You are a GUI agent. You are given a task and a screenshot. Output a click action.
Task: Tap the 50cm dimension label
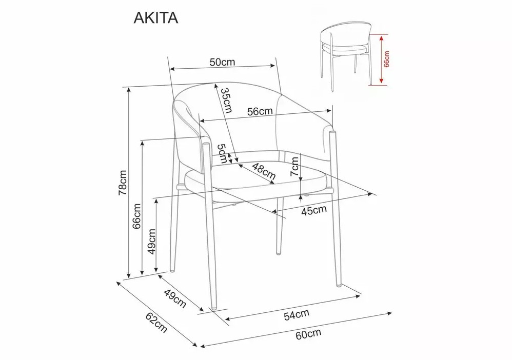click(x=222, y=62)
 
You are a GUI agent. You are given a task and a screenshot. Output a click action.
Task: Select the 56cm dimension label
click(x=260, y=111)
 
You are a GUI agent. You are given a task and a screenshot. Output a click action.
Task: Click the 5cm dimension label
click(x=222, y=153)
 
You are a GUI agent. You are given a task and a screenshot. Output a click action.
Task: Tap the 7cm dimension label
click(x=294, y=167)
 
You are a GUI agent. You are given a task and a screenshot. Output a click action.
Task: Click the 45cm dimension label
click(x=314, y=210)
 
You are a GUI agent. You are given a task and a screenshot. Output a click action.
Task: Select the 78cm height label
click(x=123, y=183)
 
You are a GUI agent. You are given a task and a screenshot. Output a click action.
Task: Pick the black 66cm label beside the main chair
click(x=137, y=216)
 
